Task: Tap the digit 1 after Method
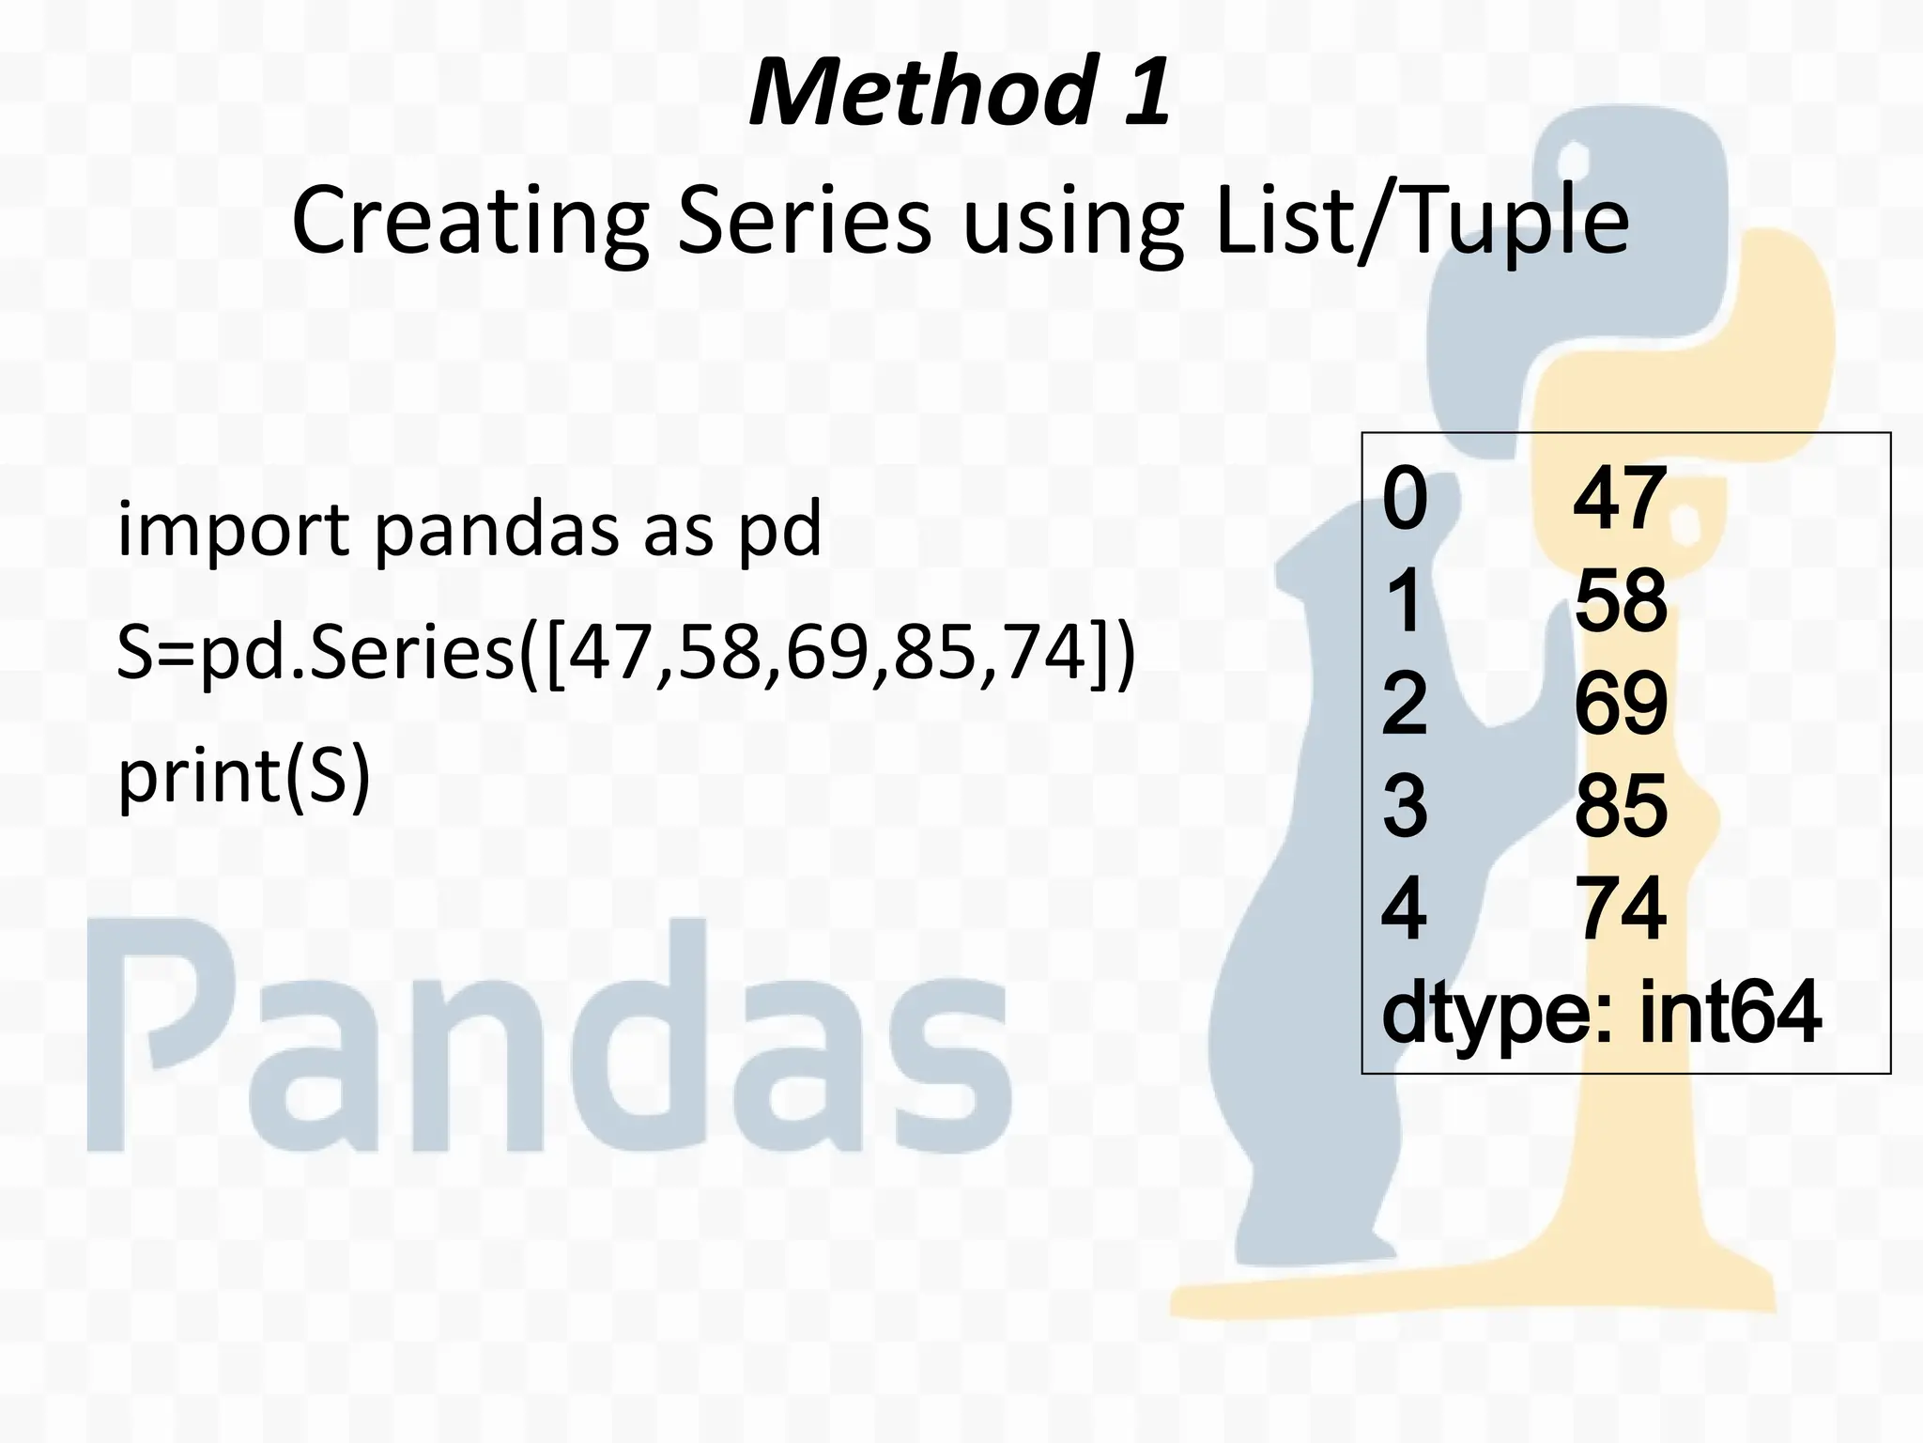tap(1146, 92)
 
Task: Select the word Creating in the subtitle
tap(469, 222)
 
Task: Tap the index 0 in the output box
tap(1405, 500)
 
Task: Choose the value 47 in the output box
tap(1620, 500)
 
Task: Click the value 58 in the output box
tap(1621, 601)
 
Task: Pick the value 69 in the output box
tap(1621, 704)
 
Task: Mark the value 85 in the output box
tap(1621, 806)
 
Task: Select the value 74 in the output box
tap(1621, 908)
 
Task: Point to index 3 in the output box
tap(1405, 806)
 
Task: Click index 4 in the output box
tap(1405, 908)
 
